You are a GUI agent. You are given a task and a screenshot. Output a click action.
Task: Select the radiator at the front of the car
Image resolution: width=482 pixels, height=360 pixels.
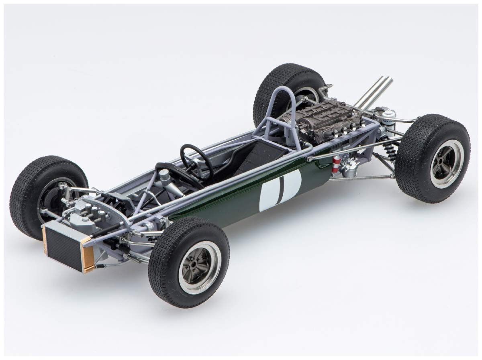pos(64,245)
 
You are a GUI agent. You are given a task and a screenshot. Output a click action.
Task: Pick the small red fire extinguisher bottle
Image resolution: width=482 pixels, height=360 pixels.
pos(335,165)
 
